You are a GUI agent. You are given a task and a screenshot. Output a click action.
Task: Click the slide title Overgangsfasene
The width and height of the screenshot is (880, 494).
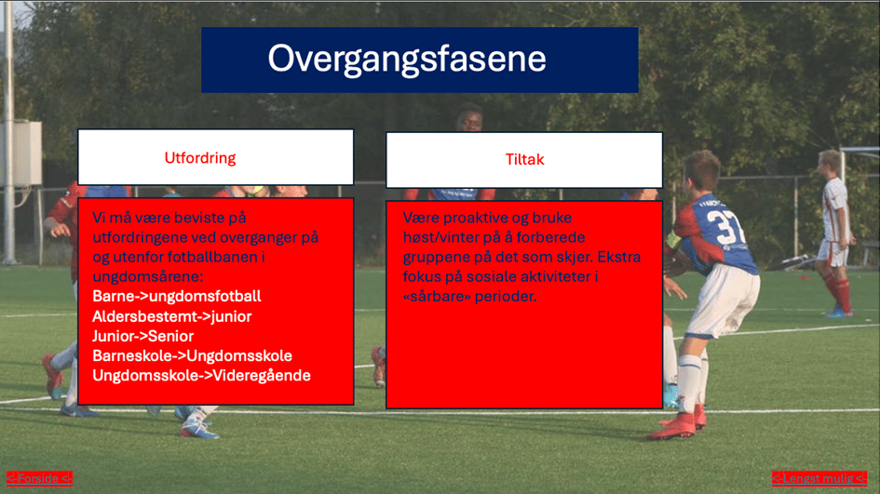pyautogui.click(x=406, y=60)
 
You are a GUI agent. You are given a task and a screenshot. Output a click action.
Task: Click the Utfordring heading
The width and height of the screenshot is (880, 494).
pyautogui.click(x=200, y=158)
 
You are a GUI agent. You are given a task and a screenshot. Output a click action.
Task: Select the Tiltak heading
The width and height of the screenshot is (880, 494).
pyautogui.click(x=525, y=160)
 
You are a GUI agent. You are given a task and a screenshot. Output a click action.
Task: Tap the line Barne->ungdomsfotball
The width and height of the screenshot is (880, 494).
pyautogui.click(x=177, y=296)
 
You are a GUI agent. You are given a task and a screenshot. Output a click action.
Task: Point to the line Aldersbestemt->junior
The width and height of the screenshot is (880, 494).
pyautogui.click(x=171, y=316)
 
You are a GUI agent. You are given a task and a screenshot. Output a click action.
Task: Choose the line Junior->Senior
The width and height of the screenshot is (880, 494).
pyautogui.click(x=143, y=336)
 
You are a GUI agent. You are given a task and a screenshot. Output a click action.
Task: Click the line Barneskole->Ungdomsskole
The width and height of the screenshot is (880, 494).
pyautogui.click(x=192, y=355)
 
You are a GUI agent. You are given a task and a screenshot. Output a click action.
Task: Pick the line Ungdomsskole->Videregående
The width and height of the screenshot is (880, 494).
pyautogui.click(x=201, y=376)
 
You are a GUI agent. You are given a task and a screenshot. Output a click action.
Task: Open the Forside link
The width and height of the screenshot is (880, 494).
pyautogui.click(x=39, y=478)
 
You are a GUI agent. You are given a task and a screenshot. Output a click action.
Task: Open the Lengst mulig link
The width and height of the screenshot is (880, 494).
pyautogui.click(x=819, y=478)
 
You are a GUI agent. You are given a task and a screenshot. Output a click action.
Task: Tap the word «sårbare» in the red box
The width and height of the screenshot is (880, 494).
pyautogui.click(x=437, y=296)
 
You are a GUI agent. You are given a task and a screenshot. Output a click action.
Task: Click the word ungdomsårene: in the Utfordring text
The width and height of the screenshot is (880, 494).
pyautogui.click(x=148, y=277)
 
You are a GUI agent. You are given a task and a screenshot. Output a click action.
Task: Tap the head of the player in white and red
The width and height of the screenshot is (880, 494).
pyautogui.click(x=830, y=165)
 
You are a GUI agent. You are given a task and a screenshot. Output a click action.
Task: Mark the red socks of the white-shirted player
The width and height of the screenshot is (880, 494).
pyautogui.click(x=837, y=291)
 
